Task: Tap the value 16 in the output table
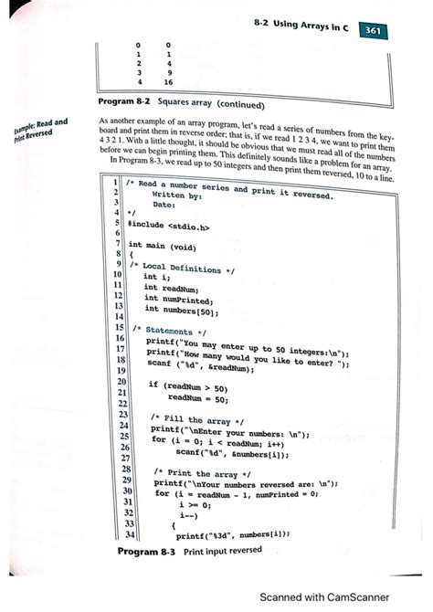(x=170, y=80)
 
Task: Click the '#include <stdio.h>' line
(x=171, y=223)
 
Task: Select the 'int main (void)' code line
(x=162, y=246)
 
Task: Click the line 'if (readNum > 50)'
(x=187, y=386)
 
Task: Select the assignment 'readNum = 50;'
(x=195, y=398)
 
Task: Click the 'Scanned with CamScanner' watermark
(x=339, y=596)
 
